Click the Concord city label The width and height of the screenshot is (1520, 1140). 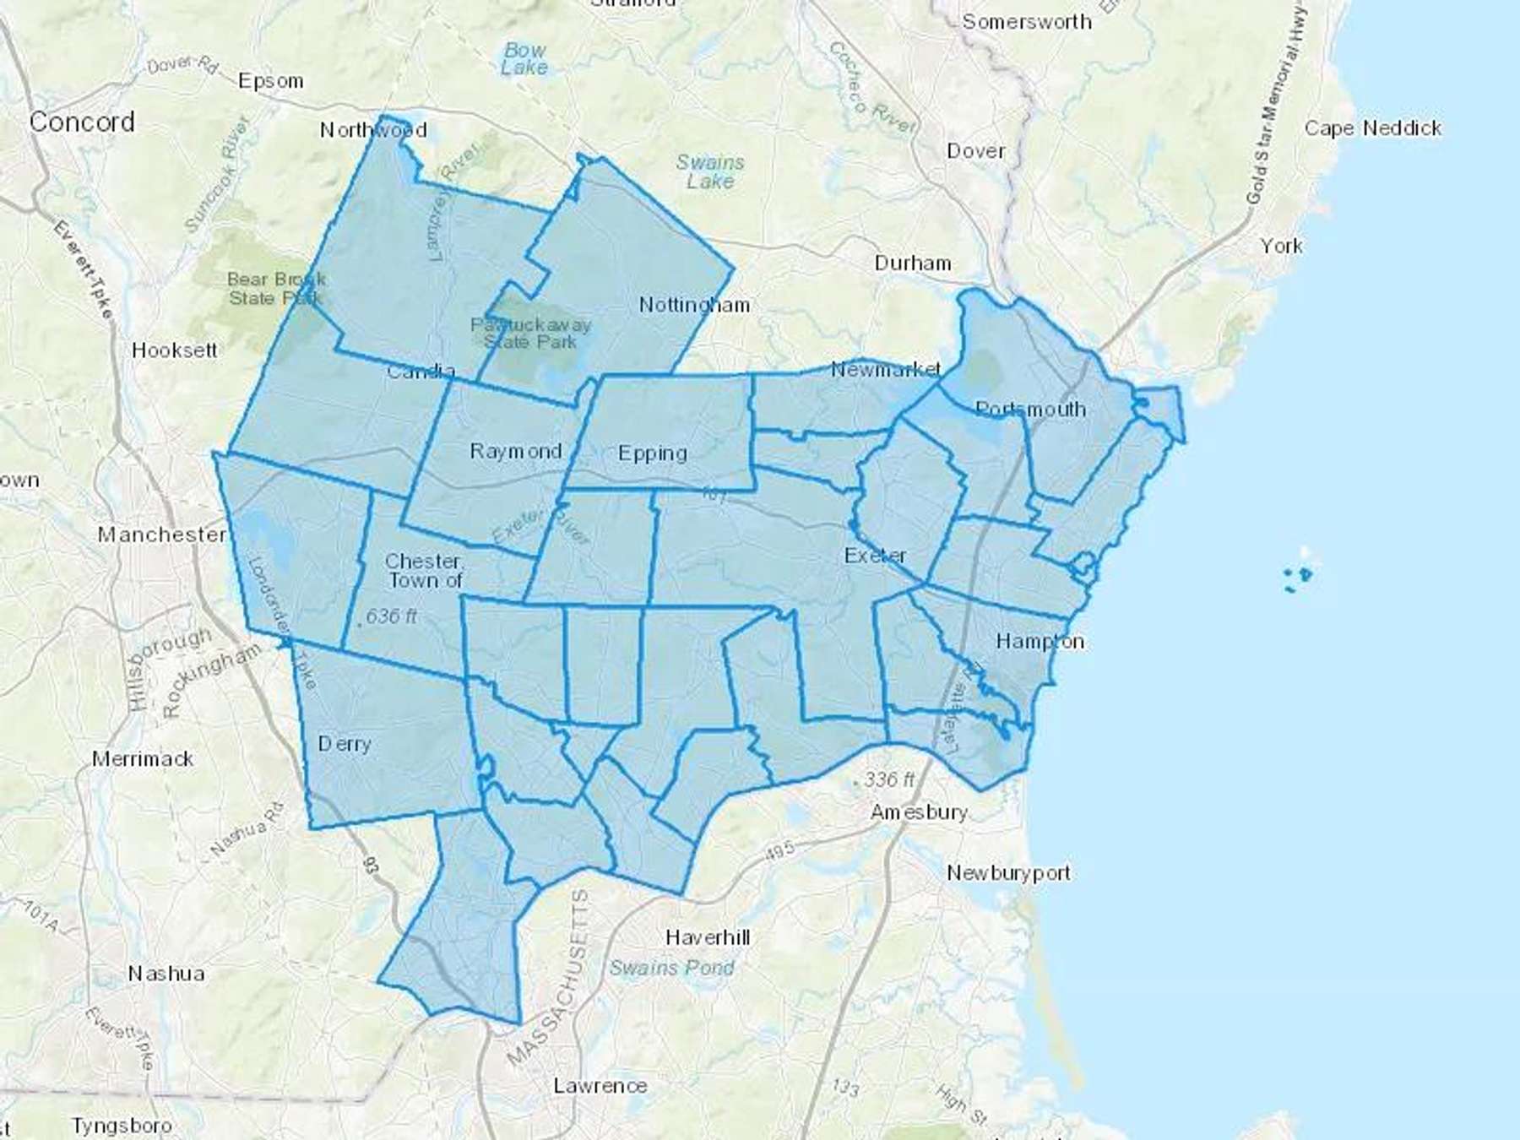coord(82,122)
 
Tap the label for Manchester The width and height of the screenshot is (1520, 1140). coord(161,535)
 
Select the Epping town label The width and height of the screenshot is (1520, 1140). coord(652,453)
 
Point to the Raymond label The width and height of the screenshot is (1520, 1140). coord(515,451)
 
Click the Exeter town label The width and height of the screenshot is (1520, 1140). coord(875,556)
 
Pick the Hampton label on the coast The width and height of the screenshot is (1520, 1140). coord(1040,641)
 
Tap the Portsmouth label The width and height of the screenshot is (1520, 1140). coord(1030,409)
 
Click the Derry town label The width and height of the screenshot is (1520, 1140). coord(345,744)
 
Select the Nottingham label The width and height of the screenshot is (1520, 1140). coord(694,305)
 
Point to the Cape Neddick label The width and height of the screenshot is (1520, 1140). coord(1373,128)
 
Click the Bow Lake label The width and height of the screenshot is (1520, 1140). coord(524,58)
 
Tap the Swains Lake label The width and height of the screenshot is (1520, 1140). coord(710,171)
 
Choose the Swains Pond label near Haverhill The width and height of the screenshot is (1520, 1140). coord(672,968)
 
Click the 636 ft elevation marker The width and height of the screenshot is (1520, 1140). coord(390,616)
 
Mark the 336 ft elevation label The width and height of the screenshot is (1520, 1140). coord(888,779)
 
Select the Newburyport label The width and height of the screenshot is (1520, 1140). coord(1008,872)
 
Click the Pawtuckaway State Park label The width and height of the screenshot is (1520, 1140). coord(530,333)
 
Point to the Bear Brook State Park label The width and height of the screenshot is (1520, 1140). coord(275,288)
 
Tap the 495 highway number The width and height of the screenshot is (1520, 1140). coord(779,850)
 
